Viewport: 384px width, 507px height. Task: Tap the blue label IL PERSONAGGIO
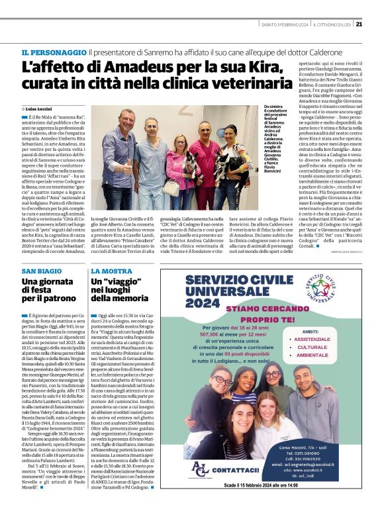tap(53, 52)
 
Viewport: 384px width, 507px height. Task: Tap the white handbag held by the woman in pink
tap(173, 187)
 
